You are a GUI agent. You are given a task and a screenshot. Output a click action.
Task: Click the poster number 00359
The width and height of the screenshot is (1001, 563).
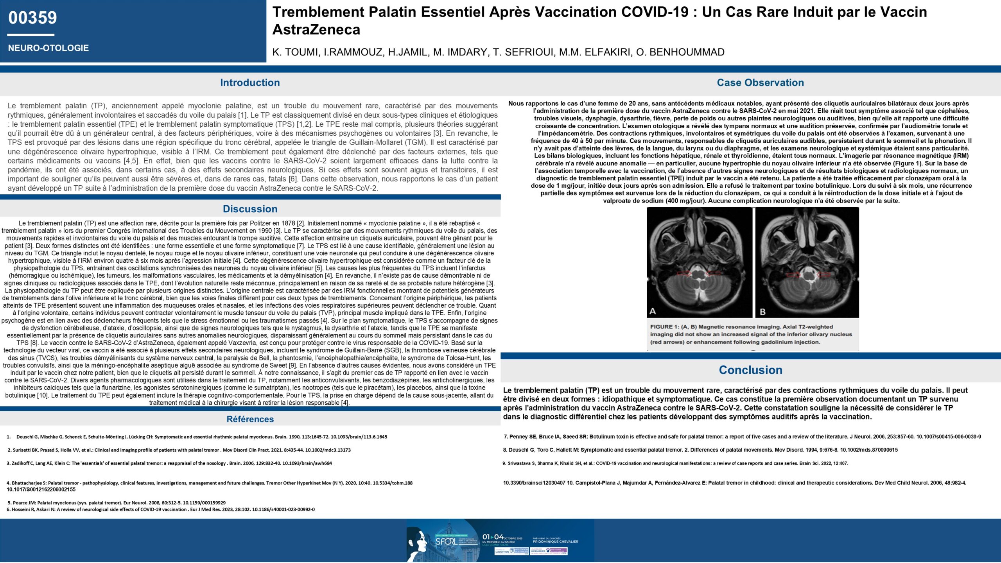(x=32, y=18)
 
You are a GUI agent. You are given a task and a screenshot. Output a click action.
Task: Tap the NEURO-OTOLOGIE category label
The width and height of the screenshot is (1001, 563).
(x=48, y=48)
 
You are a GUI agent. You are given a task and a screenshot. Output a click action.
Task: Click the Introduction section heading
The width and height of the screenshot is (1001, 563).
(x=250, y=82)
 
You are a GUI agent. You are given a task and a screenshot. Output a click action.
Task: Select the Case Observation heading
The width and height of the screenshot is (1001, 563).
(x=760, y=82)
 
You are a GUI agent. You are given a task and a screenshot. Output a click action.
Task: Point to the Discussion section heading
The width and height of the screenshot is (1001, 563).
(x=250, y=209)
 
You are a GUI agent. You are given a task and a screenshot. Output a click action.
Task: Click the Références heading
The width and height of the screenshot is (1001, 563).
(x=250, y=419)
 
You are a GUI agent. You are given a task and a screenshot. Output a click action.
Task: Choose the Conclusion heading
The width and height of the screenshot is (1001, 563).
(x=750, y=370)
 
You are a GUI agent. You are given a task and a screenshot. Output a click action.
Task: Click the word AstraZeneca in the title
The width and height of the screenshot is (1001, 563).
(x=316, y=30)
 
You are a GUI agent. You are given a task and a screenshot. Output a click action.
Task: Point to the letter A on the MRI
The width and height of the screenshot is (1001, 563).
(x=653, y=311)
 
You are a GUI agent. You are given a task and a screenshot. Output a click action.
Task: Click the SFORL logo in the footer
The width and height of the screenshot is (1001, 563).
(x=446, y=541)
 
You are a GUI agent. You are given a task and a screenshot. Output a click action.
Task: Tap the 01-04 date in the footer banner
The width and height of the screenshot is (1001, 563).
(x=493, y=537)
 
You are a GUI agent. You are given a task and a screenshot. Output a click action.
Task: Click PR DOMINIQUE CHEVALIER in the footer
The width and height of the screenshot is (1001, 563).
(x=555, y=541)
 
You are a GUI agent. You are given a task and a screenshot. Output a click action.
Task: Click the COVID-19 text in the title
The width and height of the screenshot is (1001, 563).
(x=655, y=12)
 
